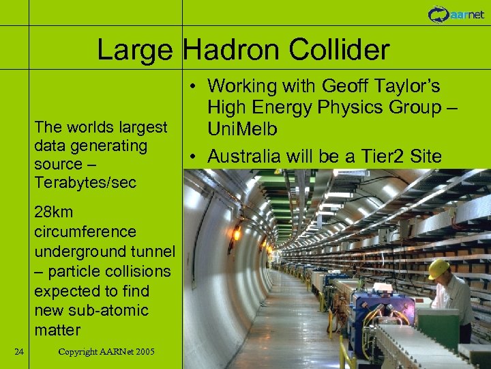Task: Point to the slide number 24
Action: coord(19,351)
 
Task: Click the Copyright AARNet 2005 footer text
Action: coord(106,351)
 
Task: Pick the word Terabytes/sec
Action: coord(85,183)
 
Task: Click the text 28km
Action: coord(53,212)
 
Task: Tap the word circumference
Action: coord(85,232)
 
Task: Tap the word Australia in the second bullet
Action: coord(243,156)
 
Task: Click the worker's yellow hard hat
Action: coord(438,268)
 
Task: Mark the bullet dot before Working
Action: coord(195,87)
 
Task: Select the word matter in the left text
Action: coord(57,330)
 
